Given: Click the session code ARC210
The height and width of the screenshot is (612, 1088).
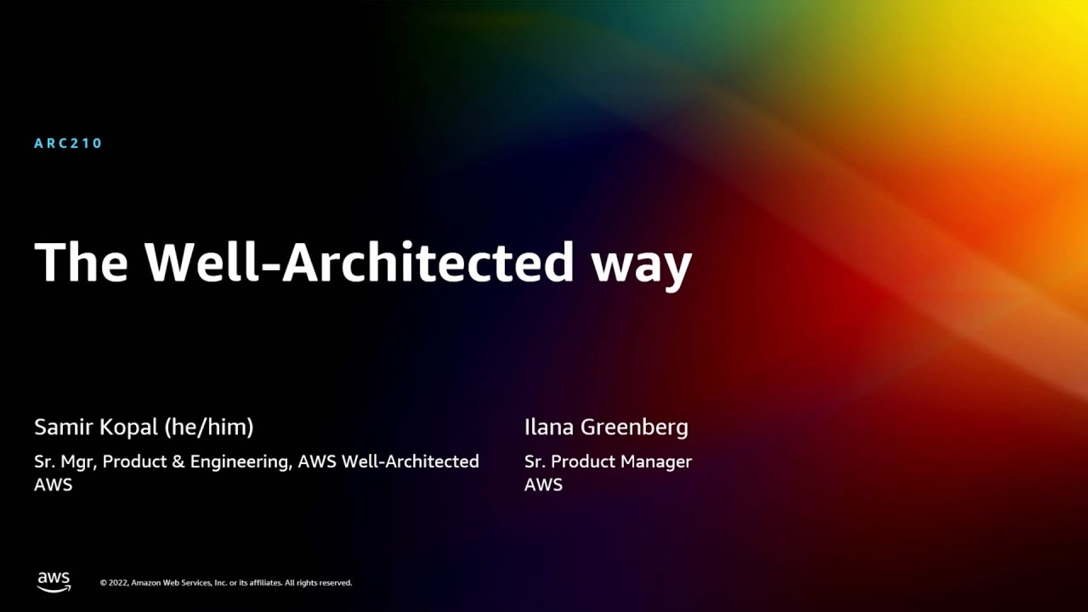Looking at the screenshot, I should [68, 143].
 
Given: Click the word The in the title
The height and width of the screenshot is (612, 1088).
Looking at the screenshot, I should [81, 262].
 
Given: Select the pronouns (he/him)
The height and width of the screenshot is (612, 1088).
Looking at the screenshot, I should [210, 428].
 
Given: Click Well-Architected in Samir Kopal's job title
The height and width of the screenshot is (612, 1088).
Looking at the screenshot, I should [410, 462].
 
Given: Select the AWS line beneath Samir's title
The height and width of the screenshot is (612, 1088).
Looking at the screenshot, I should [53, 484].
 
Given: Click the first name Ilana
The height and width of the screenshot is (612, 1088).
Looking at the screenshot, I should [549, 427].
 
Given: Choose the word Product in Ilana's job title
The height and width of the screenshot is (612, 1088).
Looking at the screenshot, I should [581, 462].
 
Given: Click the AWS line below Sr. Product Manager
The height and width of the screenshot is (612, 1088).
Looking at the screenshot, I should [543, 484].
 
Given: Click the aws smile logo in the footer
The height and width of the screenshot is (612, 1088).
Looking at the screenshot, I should [54, 581].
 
